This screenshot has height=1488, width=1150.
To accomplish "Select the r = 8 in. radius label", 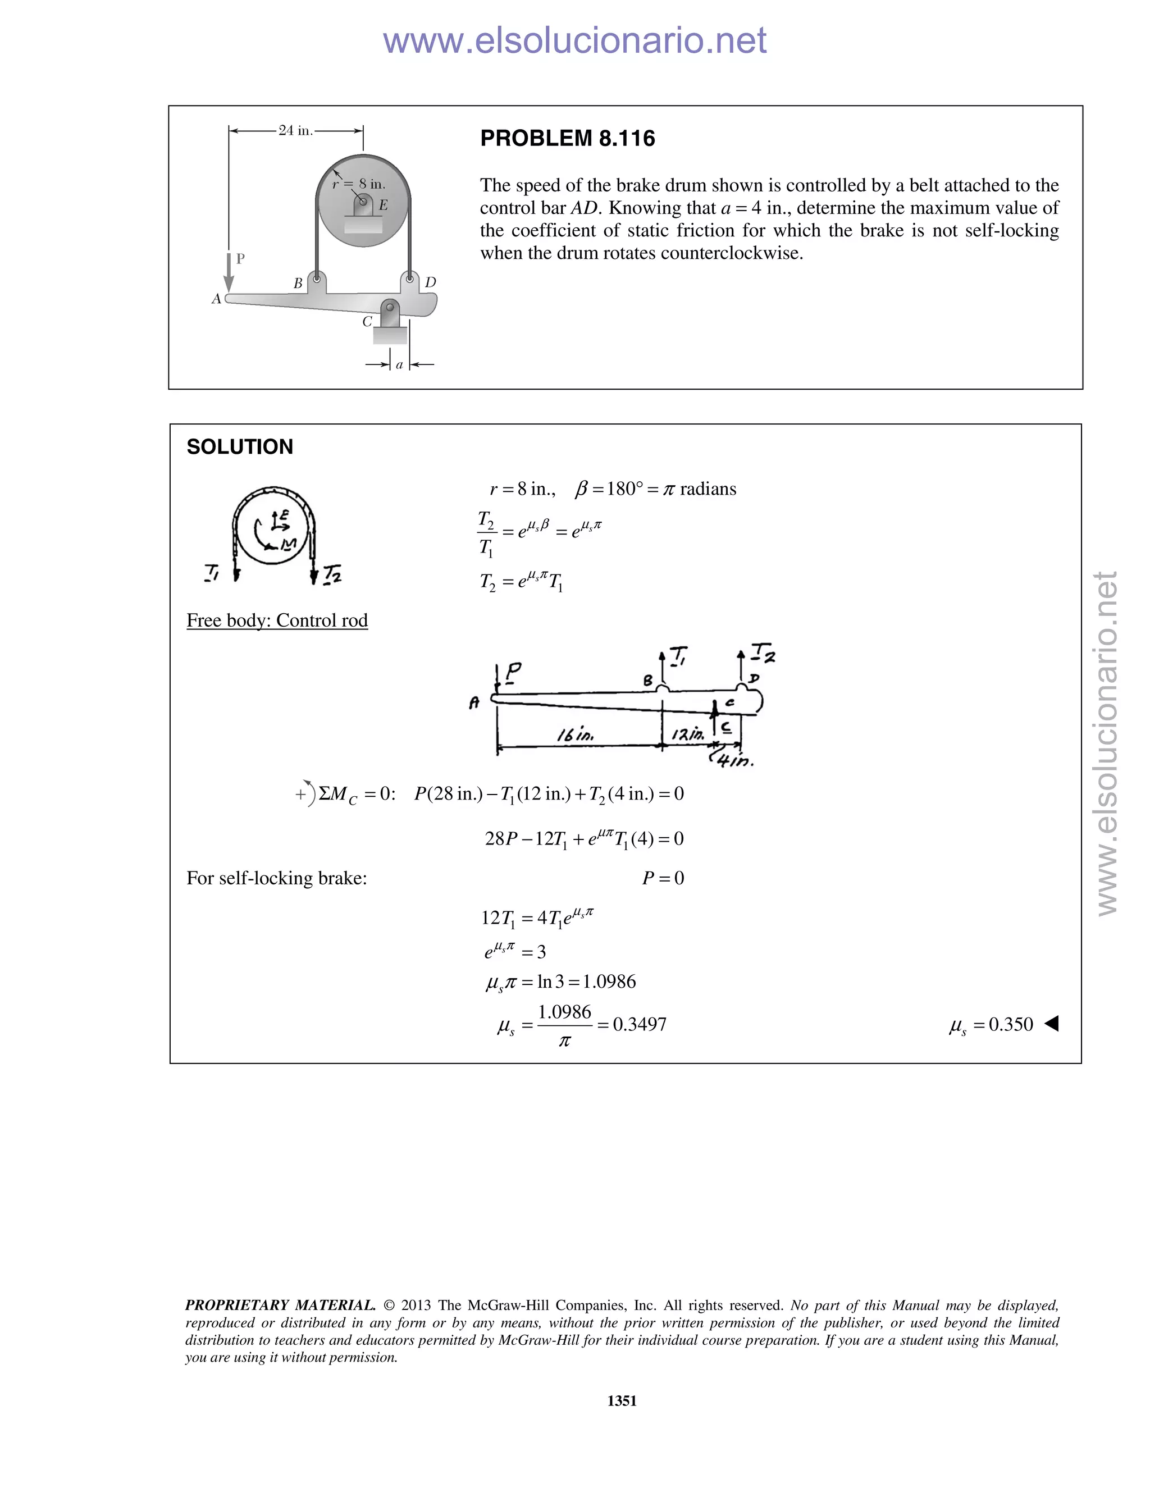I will coord(359,184).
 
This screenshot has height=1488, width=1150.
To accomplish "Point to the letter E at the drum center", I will coord(383,204).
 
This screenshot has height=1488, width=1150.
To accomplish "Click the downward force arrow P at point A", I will coord(229,271).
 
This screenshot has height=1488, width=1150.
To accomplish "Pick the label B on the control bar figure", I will coord(298,284).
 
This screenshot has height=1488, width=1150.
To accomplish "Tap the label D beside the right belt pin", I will coord(430,282).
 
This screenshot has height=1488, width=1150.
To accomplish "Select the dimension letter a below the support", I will coord(399,364).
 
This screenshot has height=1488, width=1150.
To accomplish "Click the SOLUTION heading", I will coord(240,447).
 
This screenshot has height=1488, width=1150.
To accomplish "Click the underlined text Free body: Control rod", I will coord(277,620).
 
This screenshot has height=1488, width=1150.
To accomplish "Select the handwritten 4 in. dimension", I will coord(734,760).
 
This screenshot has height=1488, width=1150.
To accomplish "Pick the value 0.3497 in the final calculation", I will coord(639,1024).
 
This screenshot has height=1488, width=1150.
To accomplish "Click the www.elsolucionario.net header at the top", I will coord(574,40).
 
